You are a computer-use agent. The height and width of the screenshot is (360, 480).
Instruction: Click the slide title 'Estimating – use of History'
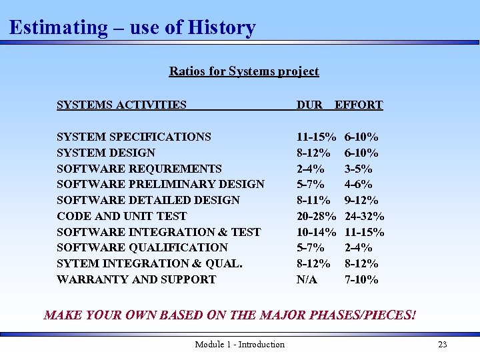point(132,28)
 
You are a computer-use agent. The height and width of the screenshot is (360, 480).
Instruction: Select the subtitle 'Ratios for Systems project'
point(244,71)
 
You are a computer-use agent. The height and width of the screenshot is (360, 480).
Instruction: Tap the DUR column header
point(309,105)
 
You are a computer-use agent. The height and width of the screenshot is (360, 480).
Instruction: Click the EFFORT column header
point(359,105)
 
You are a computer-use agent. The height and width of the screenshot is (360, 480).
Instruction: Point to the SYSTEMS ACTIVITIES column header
point(121,105)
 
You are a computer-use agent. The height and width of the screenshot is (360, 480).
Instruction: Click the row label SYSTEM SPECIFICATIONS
point(134,137)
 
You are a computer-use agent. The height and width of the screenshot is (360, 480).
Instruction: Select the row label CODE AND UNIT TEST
point(121,216)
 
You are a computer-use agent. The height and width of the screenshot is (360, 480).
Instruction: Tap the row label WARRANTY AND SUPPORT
point(137,279)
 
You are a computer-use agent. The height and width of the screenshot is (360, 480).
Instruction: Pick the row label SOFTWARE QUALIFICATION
point(142,247)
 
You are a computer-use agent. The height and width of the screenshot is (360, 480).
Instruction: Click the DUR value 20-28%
point(316,216)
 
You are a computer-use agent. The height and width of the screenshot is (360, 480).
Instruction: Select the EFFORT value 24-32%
point(364,216)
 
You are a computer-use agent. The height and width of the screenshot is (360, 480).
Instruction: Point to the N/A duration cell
point(307,279)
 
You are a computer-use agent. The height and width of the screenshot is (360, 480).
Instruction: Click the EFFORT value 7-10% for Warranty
point(361,279)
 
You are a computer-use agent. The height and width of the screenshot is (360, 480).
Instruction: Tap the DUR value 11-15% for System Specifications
point(316,137)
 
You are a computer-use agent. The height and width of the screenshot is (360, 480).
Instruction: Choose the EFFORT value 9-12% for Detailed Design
point(361,200)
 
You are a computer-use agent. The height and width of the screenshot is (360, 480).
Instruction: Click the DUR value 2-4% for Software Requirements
point(311,169)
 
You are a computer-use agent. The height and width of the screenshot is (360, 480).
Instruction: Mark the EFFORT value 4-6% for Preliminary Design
point(359,184)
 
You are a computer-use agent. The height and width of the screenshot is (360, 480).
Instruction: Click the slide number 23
point(442,345)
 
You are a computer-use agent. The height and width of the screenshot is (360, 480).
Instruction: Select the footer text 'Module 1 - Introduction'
point(239,345)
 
